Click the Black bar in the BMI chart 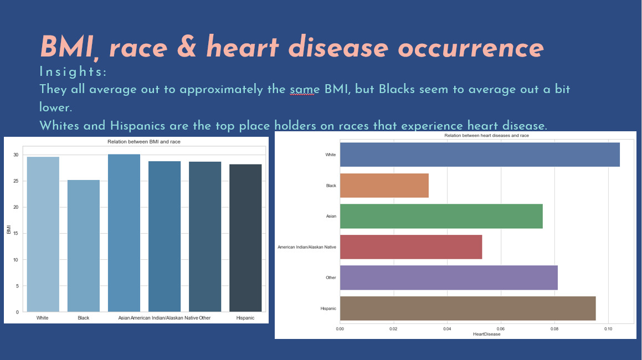(x=83, y=245)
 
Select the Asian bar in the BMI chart (x=124, y=233)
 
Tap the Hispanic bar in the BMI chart (x=245, y=238)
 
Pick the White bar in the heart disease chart (x=480, y=155)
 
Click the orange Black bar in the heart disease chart (x=384, y=186)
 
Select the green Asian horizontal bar (x=441, y=216)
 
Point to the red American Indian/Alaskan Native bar (x=410, y=246)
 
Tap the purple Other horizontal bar (x=449, y=277)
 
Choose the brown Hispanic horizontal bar (x=468, y=308)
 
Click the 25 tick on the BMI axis (x=16, y=181)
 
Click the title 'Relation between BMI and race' (x=143, y=142)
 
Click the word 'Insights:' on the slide (x=73, y=72)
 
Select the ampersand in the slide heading (x=187, y=48)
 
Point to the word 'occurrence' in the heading (x=470, y=48)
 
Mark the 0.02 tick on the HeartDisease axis (x=393, y=328)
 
